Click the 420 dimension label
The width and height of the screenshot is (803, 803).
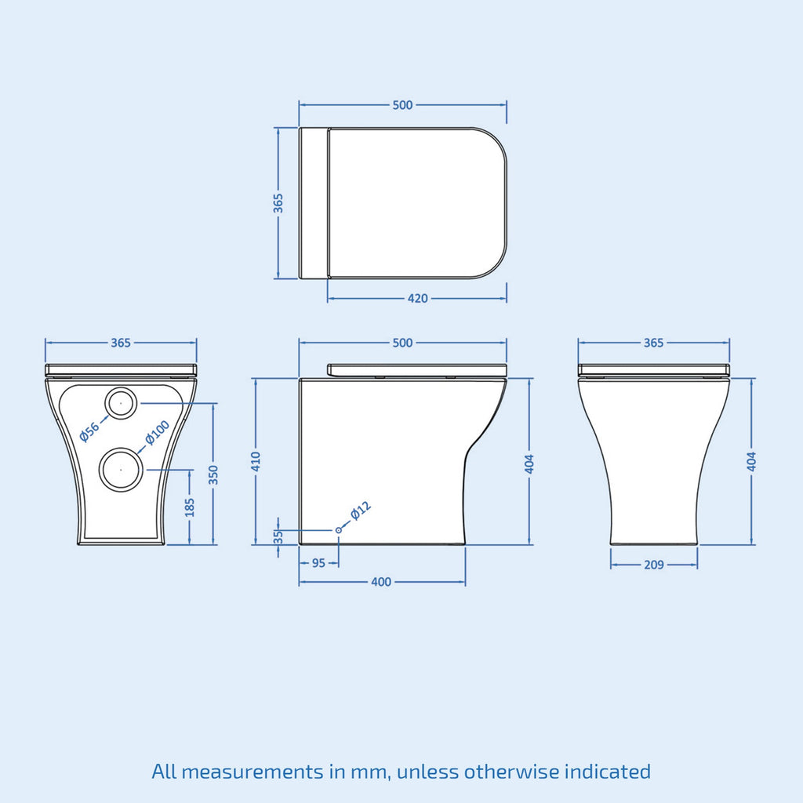(x=417, y=298)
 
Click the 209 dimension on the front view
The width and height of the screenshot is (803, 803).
(x=653, y=565)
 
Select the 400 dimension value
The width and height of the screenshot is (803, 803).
(x=381, y=582)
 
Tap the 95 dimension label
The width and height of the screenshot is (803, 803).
(x=318, y=563)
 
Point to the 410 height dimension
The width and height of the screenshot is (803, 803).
(x=256, y=461)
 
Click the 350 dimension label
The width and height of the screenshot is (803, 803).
(x=213, y=475)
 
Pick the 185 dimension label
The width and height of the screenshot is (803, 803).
(x=190, y=507)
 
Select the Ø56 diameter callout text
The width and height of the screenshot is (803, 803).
(x=89, y=433)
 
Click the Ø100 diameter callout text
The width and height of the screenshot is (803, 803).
(x=157, y=433)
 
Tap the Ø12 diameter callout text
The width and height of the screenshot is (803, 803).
(x=361, y=511)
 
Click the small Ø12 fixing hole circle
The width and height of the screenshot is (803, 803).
(x=339, y=530)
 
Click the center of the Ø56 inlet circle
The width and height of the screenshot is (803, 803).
(x=122, y=404)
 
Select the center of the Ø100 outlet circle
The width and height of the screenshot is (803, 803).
(x=122, y=470)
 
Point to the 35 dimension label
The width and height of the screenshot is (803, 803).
(x=278, y=536)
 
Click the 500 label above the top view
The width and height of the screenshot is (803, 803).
(x=402, y=105)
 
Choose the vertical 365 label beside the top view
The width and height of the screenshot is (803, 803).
(x=278, y=203)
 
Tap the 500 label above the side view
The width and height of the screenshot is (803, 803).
(x=402, y=343)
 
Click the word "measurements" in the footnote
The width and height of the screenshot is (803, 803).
(x=252, y=772)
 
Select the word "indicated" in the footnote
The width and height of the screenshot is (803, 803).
(x=608, y=771)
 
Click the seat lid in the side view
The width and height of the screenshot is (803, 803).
(x=417, y=370)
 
